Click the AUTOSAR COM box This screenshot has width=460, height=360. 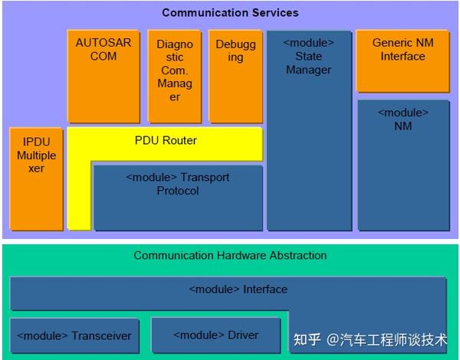(103, 77)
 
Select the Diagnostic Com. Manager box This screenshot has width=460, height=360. (175, 77)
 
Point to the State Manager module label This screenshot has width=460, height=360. (308, 56)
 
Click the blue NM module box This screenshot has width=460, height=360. (402, 165)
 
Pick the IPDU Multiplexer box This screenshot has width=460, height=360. (37, 178)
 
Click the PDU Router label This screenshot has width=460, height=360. (166, 140)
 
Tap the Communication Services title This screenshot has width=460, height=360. (230, 13)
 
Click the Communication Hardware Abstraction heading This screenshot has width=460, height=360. (230, 255)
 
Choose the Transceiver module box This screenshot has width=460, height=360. (74, 335)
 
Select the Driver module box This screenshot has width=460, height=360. (215, 335)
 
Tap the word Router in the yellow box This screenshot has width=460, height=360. (180, 140)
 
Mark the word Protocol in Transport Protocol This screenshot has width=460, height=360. (178, 191)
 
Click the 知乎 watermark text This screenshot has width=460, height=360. (307, 339)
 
